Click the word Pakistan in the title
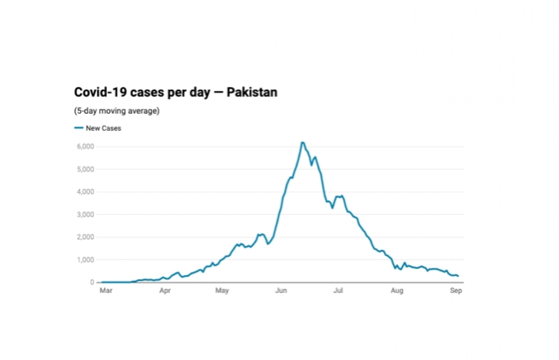tap(252, 92)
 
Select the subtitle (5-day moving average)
tap(117, 111)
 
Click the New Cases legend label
tap(103, 128)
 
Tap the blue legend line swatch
tap(79, 128)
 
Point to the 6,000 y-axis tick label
tap(85, 147)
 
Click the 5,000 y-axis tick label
tap(85, 169)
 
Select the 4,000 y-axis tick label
tap(85, 192)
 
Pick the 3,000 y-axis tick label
tap(85, 215)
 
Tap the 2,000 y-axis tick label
tap(85, 237)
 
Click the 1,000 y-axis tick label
tap(85, 260)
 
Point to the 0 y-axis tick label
tap(92, 282)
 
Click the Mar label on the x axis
tap(106, 290)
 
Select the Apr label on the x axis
tap(165, 290)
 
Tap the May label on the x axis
tap(222, 290)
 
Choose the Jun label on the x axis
tap(281, 290)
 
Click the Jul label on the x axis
tap(338, 290)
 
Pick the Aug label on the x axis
tap(397, 290)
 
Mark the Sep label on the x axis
tap(456, 290)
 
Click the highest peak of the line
tap(303, 142)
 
